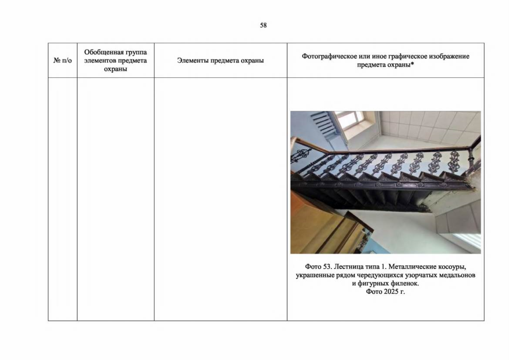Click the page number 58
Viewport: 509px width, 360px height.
click(263, 25)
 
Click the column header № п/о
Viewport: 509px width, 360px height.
click(62, 60)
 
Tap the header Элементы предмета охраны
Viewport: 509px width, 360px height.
click(220, 60)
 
